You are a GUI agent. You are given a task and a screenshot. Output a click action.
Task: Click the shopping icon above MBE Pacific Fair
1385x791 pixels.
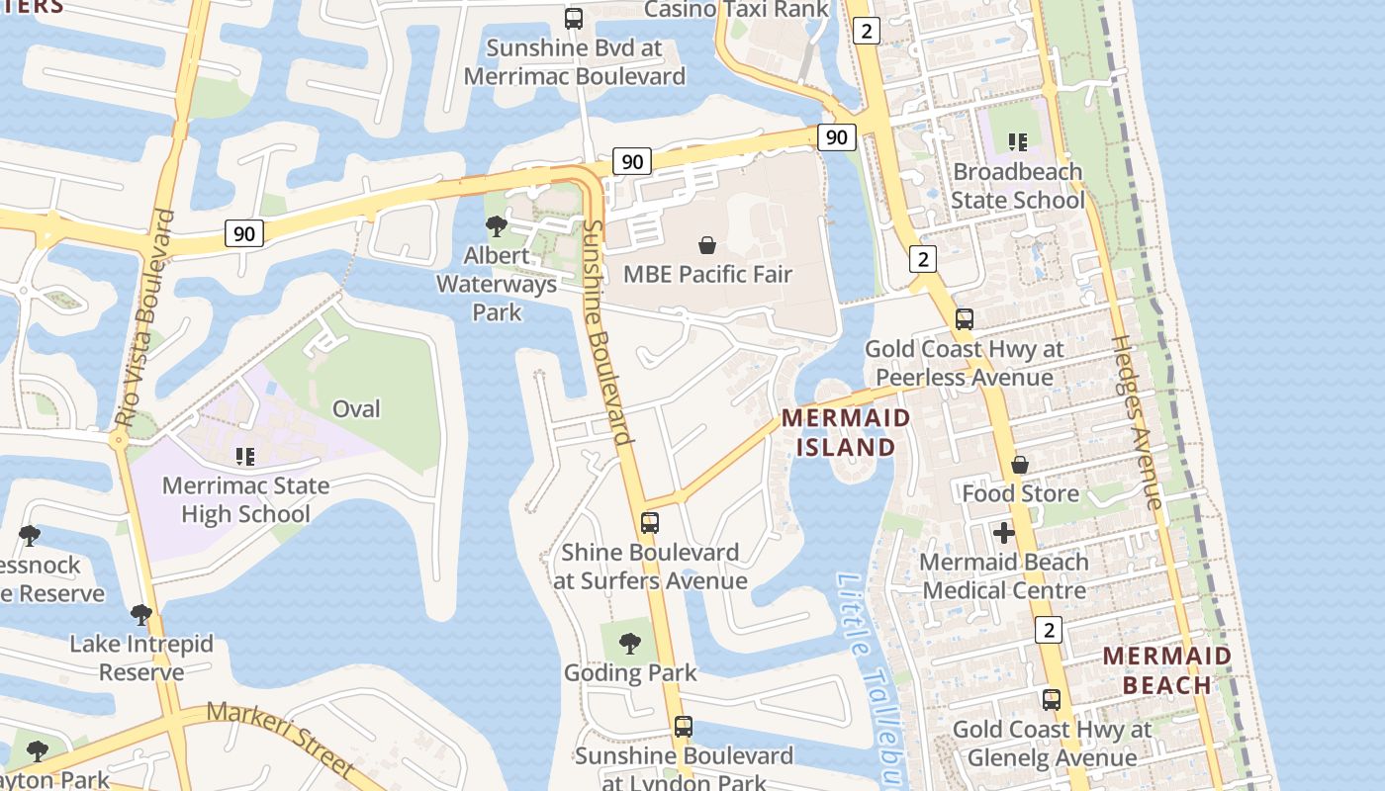(x=707, y=244)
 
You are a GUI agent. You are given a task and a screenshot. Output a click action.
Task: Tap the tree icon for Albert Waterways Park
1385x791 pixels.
(x=497, y=226)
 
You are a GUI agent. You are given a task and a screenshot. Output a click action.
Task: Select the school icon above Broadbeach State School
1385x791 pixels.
(x=1018, y=142)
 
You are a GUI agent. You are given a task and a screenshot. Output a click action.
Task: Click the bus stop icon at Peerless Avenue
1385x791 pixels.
(x=964, y=319)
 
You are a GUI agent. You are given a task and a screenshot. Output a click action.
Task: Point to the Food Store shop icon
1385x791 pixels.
(x=1020, y=464)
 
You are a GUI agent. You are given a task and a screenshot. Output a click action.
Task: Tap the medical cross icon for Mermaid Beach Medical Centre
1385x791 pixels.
(x=1004, y=533)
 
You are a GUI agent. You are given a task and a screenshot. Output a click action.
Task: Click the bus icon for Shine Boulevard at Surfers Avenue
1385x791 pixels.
(x=650, y=523)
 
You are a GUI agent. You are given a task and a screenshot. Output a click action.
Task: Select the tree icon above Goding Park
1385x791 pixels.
(x=629, y=644)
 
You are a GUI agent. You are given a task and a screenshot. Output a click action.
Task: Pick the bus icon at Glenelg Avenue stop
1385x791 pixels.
(x=1051, y=700)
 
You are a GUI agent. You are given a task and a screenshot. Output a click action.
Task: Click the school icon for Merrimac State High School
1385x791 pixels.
(x=245, y=456)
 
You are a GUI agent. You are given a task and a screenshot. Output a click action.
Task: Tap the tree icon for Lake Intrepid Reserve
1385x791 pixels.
(x=141, y=614)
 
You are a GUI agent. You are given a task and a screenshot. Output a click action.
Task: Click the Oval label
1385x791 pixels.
(x=356, y=408)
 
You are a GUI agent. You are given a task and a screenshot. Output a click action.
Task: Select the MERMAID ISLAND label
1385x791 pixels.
(x=845, y=432)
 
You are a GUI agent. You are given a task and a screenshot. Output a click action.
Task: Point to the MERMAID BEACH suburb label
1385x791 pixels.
(x=1167, y=669)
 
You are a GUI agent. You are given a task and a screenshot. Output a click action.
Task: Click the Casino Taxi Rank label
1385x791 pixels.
(x=736, y=9)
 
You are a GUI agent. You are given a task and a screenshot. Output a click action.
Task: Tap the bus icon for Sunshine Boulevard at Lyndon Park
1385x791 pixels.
(x=683, y=727)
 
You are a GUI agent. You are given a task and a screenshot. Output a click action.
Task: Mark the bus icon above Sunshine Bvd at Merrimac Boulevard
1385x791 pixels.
(x=574, y=18)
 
